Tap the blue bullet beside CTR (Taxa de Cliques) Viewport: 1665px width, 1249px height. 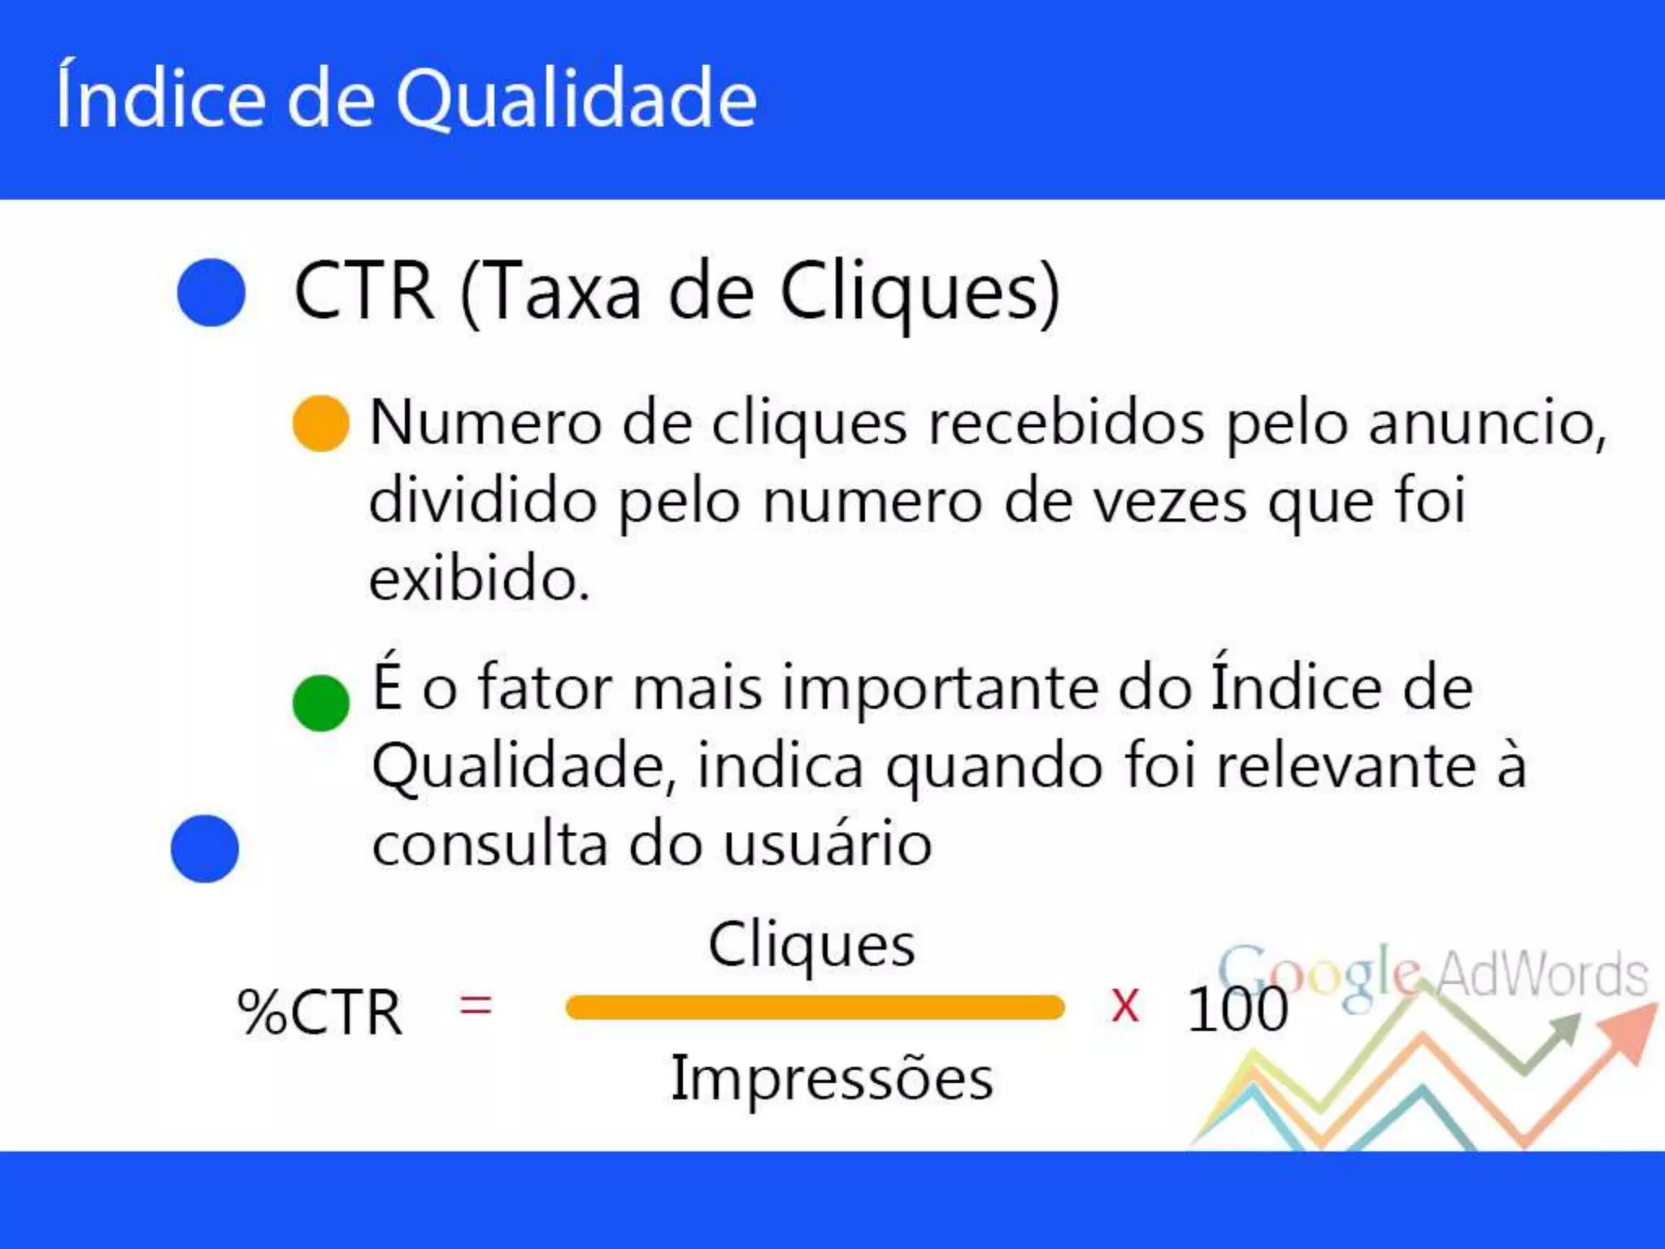point(211,293)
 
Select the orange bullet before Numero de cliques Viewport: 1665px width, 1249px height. point(321,424)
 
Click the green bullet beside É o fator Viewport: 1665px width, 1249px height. point(321,703)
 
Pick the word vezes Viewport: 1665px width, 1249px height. point(1169,503)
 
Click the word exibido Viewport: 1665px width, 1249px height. point(479,579)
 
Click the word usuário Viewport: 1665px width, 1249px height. point(827,844)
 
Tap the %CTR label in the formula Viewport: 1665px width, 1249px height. point(320,1013)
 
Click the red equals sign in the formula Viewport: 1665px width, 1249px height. point(476,1006)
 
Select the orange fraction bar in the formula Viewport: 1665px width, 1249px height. point(815,1007)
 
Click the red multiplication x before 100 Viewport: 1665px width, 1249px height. point(1125,1006)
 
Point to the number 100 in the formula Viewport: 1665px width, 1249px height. point(1237,1010)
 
